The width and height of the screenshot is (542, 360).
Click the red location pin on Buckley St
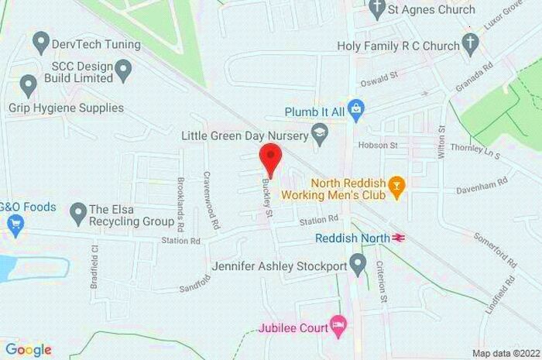269,159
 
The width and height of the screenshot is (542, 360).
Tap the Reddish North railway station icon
400,238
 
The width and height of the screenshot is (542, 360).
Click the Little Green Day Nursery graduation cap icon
318,134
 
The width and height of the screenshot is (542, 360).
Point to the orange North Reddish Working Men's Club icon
396,185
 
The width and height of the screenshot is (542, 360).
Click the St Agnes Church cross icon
377,11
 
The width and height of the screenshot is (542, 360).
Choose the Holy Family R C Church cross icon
469,45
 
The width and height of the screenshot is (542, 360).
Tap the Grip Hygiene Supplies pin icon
28,87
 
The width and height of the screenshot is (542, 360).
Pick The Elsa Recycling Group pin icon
77,211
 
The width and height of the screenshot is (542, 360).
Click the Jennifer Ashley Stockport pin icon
357,266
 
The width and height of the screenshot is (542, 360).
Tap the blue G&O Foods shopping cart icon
15,225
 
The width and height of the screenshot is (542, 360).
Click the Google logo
28,349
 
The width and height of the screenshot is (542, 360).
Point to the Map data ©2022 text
504,353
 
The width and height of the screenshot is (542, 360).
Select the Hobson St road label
377,145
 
